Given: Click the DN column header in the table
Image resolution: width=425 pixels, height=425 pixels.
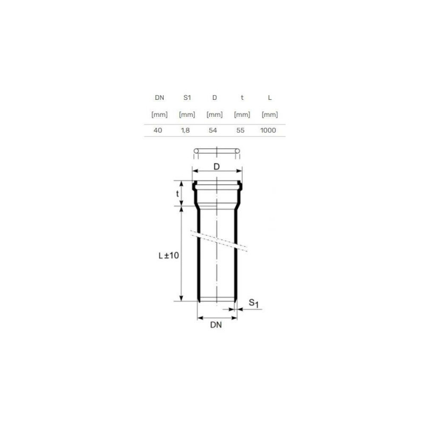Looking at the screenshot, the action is pyautogui.click(x=159, y=98).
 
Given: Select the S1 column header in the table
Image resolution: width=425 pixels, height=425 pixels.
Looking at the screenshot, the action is pyautogui.click(x=187, y=98).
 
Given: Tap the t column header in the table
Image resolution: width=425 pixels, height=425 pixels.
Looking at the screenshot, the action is pyautogui.click(x=242, y=98).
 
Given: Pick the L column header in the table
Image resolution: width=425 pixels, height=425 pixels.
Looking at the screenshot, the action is pyautogui.click(x=270, y=98).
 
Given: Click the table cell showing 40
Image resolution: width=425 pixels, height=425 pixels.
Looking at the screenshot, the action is pyautogui.click(x=158, y=130).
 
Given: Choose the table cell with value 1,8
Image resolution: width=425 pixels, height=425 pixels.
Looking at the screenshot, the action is pyautogui.click(x=185, y=130).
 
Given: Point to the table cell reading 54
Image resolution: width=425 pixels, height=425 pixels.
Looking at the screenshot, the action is pyautogui.click(x=213, y=130).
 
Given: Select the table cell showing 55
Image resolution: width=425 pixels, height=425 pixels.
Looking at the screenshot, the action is pyautogui.click(x=241, y=130).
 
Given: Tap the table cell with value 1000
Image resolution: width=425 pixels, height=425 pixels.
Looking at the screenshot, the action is pyautogui.click(x=268, y=130).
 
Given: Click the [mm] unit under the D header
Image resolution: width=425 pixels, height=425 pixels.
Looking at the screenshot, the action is pyautogui.click(x=215, y=114).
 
